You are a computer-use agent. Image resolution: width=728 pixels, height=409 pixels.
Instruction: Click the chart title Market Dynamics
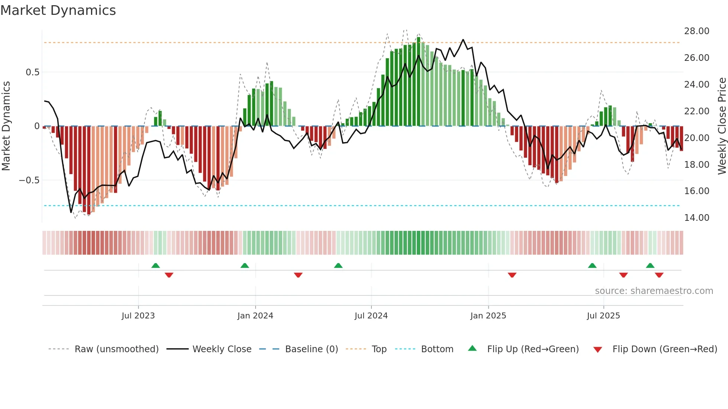pos(58,10)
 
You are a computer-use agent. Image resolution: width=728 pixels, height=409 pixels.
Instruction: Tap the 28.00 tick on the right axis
pos(696,31)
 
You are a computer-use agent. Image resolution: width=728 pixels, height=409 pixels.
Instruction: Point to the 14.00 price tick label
pos(696,218)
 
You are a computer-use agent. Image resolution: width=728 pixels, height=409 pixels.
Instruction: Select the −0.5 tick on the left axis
pos(29,180)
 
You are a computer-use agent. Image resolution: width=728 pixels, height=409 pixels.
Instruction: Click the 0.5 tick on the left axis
pos(32,72)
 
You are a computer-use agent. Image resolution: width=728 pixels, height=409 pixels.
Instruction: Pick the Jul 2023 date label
pos(138,316)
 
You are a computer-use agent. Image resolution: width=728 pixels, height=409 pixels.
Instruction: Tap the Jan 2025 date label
pos(488,316)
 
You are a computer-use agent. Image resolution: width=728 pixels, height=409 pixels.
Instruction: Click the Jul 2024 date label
pos(371,316)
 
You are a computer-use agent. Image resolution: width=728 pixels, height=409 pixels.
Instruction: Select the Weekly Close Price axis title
pos(722,126)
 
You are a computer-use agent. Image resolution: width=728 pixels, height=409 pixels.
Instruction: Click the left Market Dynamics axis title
pos(6,126)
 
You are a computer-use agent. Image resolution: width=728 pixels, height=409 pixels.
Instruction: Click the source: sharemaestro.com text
pos(654,291)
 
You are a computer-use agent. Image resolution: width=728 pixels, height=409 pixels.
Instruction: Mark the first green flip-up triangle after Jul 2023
pos(156,265)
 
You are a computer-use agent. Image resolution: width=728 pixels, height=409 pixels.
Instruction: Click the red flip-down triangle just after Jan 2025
pos(512,275)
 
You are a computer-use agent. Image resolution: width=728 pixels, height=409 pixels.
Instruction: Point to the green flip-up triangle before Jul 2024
pos(338,265)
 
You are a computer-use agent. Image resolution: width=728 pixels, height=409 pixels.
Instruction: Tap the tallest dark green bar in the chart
pos(419,82)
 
